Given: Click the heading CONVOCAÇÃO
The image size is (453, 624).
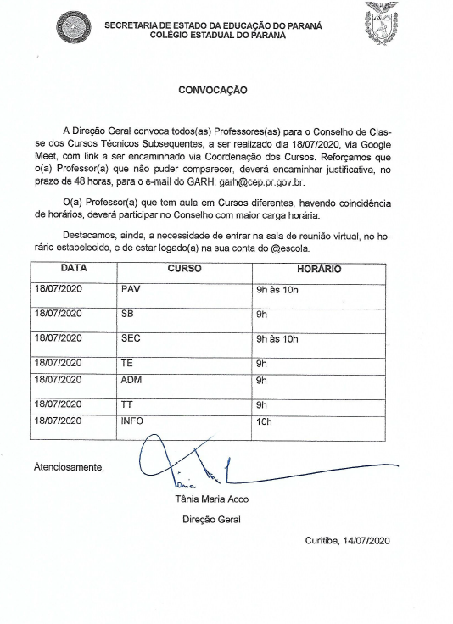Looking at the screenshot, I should pos(213,88).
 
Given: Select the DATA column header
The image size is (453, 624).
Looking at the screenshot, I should pos(74,269).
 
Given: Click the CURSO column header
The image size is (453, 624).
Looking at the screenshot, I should pos(184,269).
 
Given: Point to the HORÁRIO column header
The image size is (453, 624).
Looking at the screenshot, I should pos(318,269).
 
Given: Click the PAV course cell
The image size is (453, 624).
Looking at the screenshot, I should pos(131,291).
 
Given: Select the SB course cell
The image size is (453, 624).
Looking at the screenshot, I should pos(128,314).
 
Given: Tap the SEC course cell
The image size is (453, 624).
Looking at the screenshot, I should pos(131,338).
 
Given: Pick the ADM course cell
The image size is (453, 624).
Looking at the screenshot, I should pos(131,381).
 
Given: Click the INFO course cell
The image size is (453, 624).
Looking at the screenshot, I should pos(134,421).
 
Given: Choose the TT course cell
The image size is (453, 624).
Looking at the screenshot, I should pos(127,405).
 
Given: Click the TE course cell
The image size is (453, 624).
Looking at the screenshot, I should pos(127,363).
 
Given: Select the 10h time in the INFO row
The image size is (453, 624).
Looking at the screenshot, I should pos(263,421).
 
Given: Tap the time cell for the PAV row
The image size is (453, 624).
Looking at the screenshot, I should pos(277,291).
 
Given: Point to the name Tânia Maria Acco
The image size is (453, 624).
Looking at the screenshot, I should pos(211,499).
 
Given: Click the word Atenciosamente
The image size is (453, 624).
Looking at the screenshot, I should pos(69,466).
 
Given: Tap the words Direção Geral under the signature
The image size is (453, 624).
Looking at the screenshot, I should pos(211,519).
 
